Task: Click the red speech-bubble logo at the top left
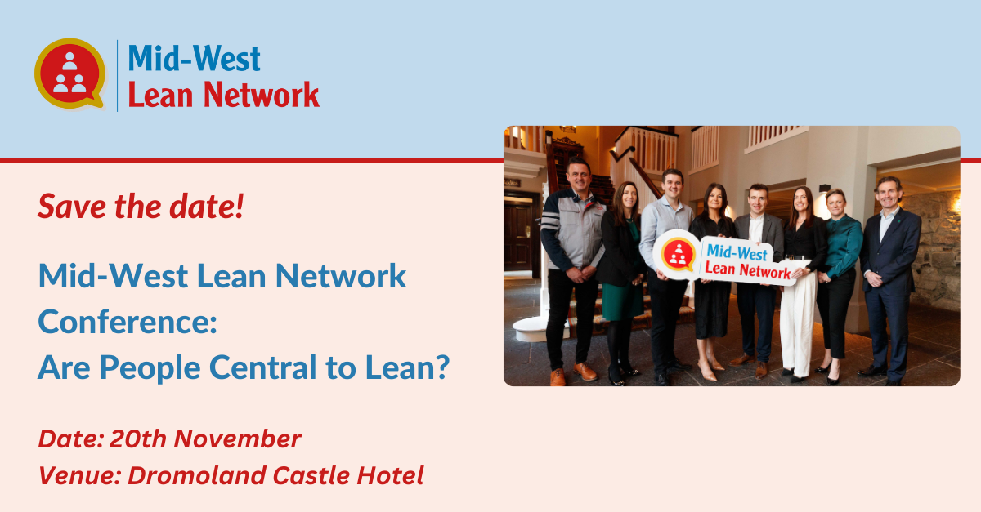(69, 73)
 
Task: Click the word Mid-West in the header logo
(195, 59)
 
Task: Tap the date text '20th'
(137, 439)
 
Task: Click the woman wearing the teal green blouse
(841, 245)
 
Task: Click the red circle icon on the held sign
(677, 254)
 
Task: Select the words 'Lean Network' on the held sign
(747, 270)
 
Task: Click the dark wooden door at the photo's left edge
(517, 237)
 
